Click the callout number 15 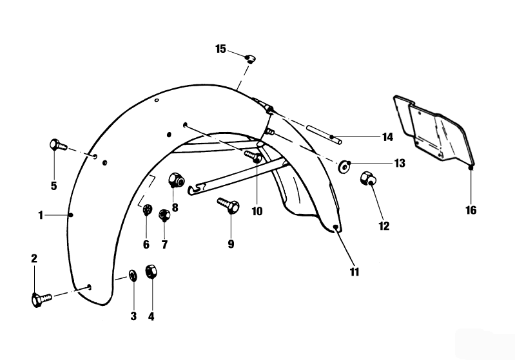[x=221, y=49]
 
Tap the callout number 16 [x=471, y=210]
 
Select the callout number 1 [x=41, y=215]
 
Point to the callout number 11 [x=355, y=272]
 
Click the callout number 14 [x=387, y=137]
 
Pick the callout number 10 [x=257, y=210]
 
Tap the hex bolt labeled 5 [x=57, y=146]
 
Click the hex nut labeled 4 [x=152, y=273]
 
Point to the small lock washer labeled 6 [x=147, y=210]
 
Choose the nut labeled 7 [x=164, y=214]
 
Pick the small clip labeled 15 [x=250, y=59]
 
